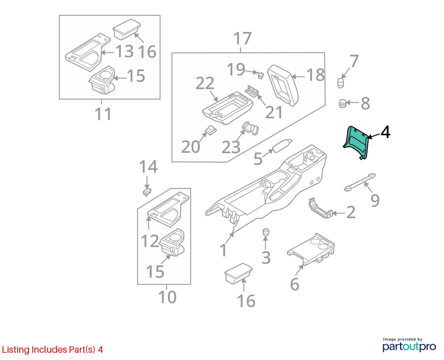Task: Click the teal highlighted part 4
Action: pyautogui.click(x=355, y=142)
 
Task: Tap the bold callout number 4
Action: pyautogui.click(x=385, y=132)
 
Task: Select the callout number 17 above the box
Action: pyautogui.click(x=242, y=38)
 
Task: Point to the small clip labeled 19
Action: pyautogui.click(x=260, y=75)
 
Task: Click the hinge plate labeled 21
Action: pyautogui.click(x=252, y=91)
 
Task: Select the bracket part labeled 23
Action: pyautogui.click(x=250, y=128)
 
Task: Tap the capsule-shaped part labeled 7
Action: pyautogui.click(x=340, y=83)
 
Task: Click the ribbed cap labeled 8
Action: pyautogui.click(x=342, y=103)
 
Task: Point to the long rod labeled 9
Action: pyautogui.click(x=359, y=182)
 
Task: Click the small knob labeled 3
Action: pyautogui.click(x=266, y=232)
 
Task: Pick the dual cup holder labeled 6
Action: pyautogui.click(x=311, y=249)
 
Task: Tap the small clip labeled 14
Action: pyautogui.click(x=147, y=192)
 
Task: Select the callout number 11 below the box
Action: pyautogui.click(x=103, y=114)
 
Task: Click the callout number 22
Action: pyautogui.click(x=205, y=83)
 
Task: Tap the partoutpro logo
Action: pyautogui.click(x=409, y=346)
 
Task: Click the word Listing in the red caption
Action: pyautogui.click(x=16, y=350)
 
